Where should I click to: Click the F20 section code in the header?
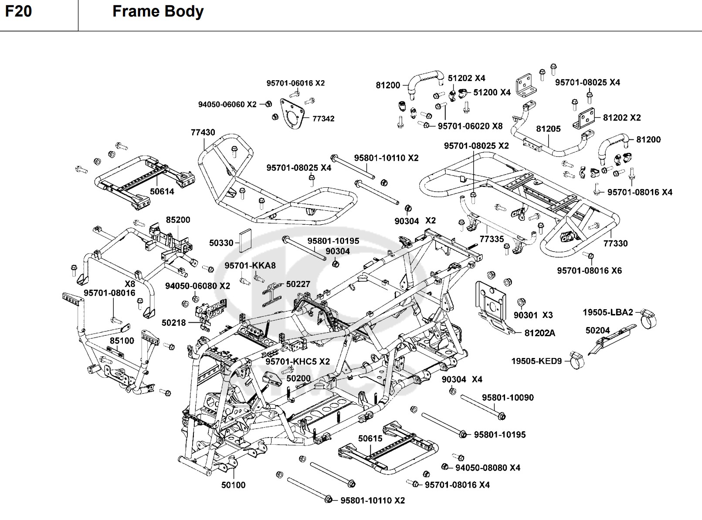pos(19,11)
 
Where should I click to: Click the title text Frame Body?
pos(158,11)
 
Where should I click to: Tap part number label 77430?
pos(203,132)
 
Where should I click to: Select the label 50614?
pos(162,191)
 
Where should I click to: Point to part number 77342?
pos(323,118)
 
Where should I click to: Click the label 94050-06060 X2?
pos(227,105)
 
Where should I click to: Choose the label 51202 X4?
pos(466,78)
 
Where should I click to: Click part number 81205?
pos(548,129)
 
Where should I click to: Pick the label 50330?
pos(221,243)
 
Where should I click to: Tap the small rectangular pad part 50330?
pos(245,240)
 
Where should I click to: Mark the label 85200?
pos(178,220)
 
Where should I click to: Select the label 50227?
pos(298,284)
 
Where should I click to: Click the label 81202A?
pos(539,333)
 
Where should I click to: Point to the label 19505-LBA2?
pos(608,312)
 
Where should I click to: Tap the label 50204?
pos(597,331)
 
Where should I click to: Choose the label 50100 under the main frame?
pos(233,485)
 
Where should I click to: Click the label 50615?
pos(370,439)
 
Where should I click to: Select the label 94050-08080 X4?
pos(488,468)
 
